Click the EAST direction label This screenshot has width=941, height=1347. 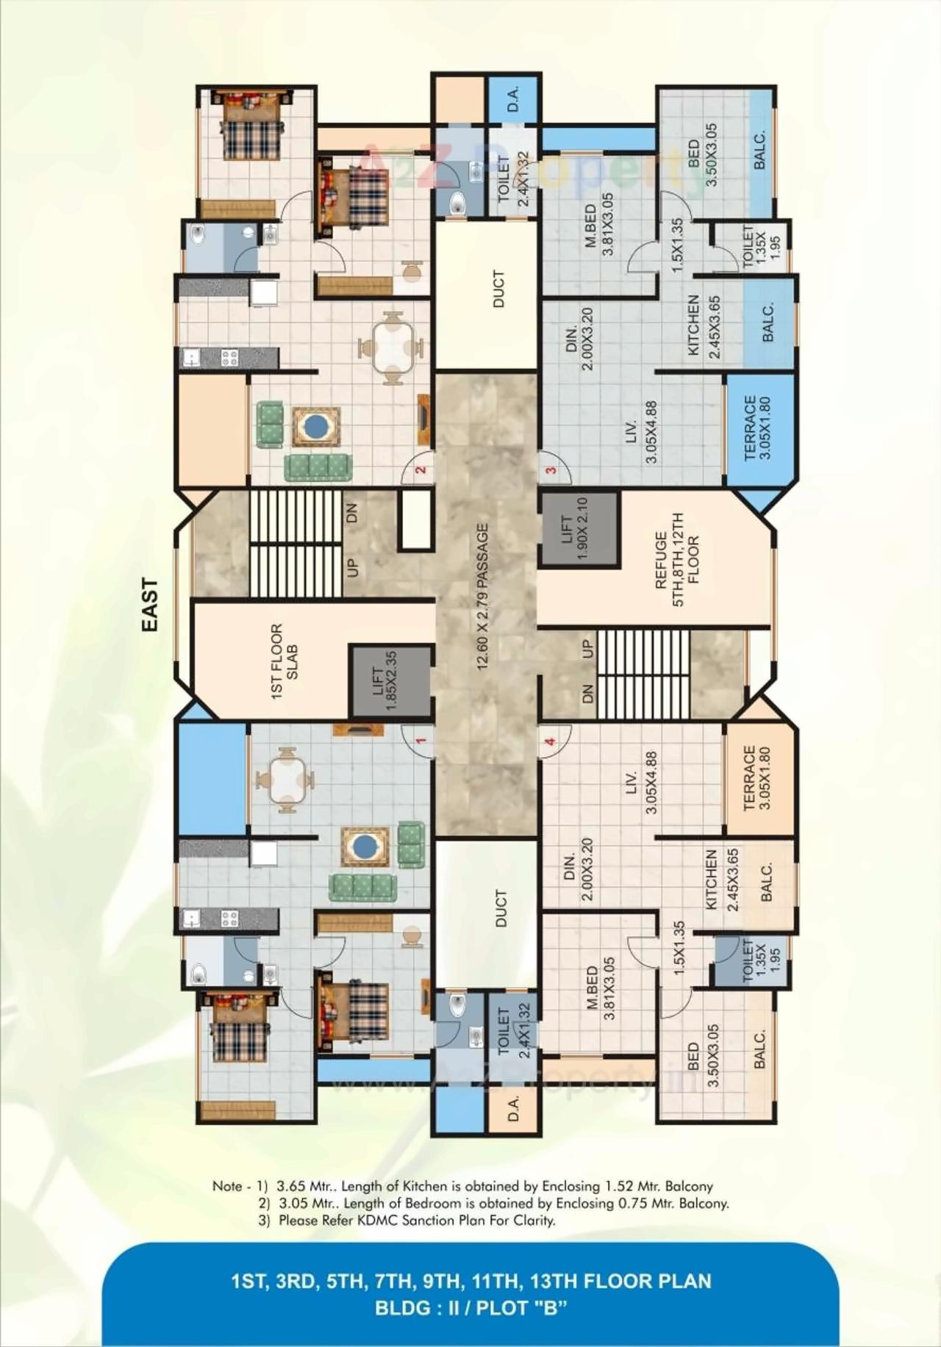pos(149,605)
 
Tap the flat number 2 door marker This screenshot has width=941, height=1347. pos(421,470)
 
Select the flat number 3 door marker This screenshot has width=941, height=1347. pos(551,470)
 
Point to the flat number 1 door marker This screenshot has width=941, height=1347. pos(421,741)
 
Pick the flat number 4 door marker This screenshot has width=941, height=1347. pos(551,741)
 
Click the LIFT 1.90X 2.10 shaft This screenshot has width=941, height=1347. pos(579,529)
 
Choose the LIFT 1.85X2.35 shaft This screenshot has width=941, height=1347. pos(390,681)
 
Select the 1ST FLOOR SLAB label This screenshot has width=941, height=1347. pos(285,661)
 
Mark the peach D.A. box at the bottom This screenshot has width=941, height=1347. pos(514,1107)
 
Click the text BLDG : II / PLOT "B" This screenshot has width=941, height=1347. pos(470,1308)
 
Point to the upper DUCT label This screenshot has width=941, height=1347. pos(498,289)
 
